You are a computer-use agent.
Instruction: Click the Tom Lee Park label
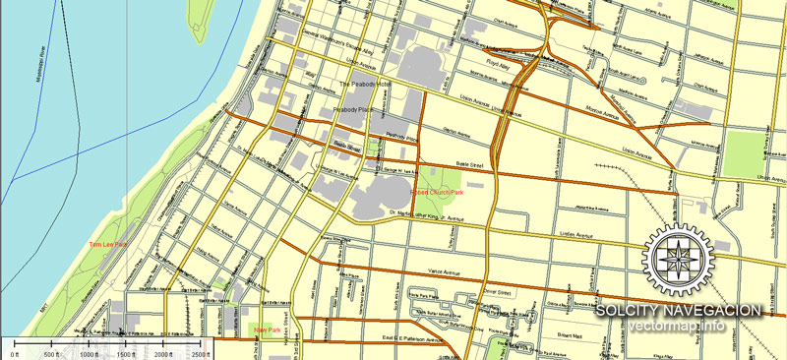pyautogui.click(x=107, y=244)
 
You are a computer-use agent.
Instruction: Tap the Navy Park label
pyautogui.click(x=267, y=330)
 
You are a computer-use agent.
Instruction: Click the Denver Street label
pyautogui.click(x=498, y=292)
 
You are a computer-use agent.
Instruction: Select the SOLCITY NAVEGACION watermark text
pyautogui.click(x=678, y=311)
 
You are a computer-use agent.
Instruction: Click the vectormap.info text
pyautogui.click(x=678, y=327)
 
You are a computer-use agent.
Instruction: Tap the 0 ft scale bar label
pyautogui.click(x=14, y=353)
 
